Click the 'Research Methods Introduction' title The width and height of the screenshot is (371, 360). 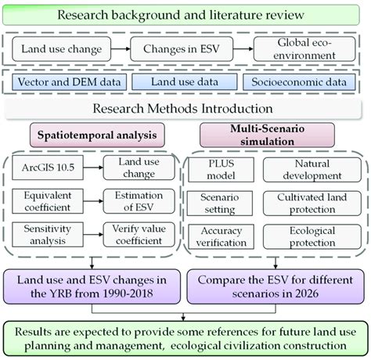click(x=185, y=108)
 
